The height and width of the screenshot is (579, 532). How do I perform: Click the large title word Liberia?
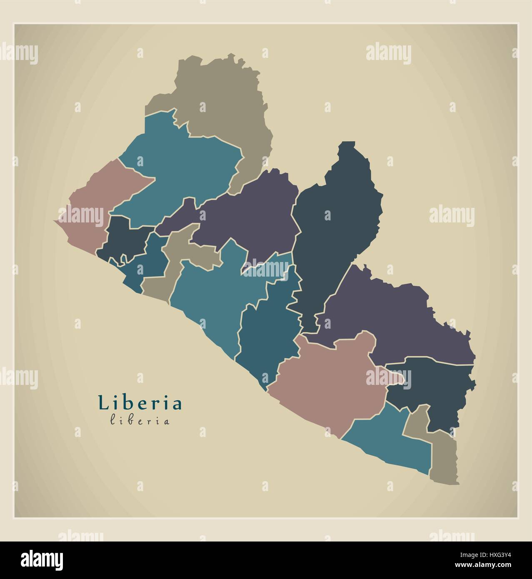click(x=140, y=403)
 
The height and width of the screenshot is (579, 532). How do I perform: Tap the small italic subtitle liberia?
click(x=140, y=421)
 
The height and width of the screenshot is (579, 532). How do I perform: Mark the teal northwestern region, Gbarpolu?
click(x=183, y=167)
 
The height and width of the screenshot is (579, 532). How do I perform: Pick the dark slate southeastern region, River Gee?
click(x=433, y=387)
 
